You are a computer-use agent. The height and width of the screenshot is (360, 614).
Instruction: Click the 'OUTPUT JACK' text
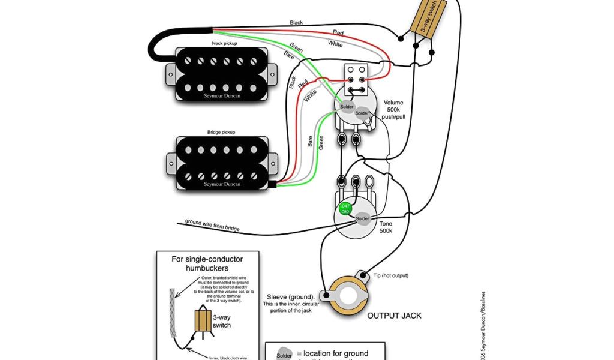click(x=395, y=315)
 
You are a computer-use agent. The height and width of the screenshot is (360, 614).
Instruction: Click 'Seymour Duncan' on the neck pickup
click(x=222, y=95)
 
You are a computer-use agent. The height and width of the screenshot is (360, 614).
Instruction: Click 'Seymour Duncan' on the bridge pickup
click(x=222, y=184)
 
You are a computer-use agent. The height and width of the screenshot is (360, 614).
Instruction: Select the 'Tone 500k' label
click(x=386, y=227)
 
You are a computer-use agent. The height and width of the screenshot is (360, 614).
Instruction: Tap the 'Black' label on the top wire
click(x=296, y=23)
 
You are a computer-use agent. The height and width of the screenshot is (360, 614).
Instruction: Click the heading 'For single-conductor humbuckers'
click(x=207, y=263)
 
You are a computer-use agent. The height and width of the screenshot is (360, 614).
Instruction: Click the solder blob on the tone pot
click(x=363, y=218)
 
